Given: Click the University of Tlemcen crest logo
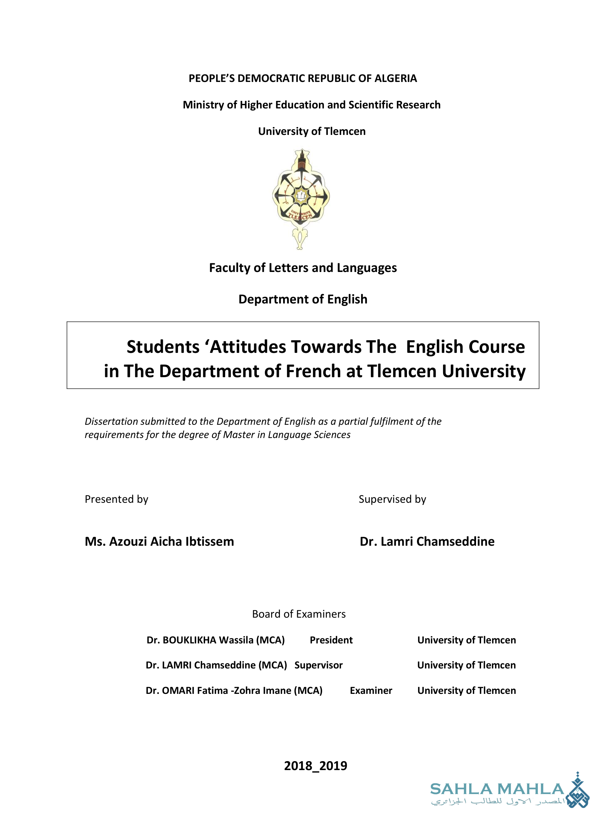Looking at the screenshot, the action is [x=301, y=199].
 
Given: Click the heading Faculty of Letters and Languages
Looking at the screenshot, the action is [x=302, y=268].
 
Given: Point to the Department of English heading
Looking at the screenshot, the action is [x=302, y=299].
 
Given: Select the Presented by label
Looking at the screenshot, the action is [x=116, y=499].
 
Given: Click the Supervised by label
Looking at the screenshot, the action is [x=392, y=499].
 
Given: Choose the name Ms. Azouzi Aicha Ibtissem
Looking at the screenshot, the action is [x=159, y=541].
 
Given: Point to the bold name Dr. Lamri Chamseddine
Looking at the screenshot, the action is [x=427, y=541].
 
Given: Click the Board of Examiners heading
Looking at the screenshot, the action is [x=299, y=614].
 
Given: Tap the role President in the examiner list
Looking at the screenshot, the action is [x=331, y=640].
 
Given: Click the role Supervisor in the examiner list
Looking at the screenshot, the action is [x=318, y=665].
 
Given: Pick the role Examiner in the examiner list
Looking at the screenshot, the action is [x=371, y=691].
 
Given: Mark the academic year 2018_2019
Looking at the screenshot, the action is [x=315, y=766].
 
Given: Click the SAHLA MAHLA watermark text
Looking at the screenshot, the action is [x=497, y=789].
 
